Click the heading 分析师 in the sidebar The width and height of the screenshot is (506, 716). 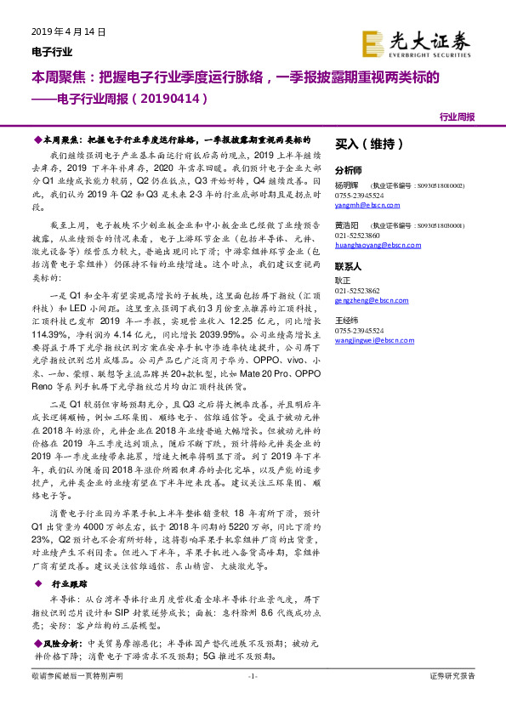click(x=349, y=169)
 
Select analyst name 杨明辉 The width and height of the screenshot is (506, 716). click(x=345, y=185)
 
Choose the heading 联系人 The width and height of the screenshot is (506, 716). click(x=349, y=265)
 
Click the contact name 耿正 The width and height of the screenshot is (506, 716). click(x=343, y=280)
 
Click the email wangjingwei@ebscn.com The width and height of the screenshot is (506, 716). click(x=373, y=341)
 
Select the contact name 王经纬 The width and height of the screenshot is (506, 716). click(x=345, y=321)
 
